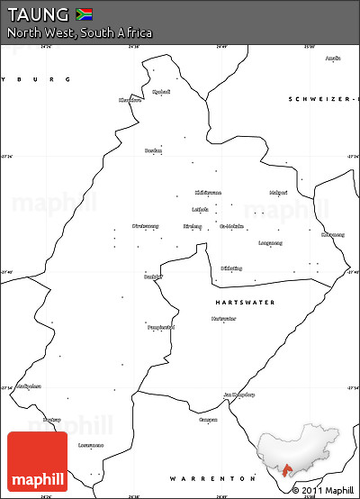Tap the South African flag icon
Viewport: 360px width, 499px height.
point(84,14)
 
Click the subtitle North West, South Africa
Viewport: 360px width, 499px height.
point(80,33)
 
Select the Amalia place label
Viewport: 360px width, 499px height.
point(333,59)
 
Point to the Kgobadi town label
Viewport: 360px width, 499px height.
point(161,92)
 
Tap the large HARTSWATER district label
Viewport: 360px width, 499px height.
point(245,302)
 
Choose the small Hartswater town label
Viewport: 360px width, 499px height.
point(224,319)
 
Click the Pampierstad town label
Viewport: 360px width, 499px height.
point(159,327)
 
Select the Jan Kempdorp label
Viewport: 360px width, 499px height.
point(239,395)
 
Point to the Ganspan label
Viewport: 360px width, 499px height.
point(208,420)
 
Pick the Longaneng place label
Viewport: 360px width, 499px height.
point(270,243)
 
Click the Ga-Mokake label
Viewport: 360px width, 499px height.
point(232,226)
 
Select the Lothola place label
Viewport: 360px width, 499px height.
point(200,209)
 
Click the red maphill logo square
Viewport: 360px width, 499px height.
point(37,461)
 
